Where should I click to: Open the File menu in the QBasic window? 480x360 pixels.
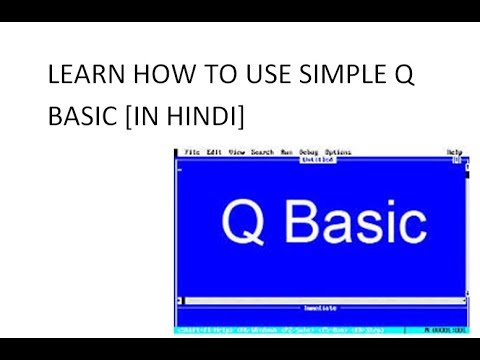191,152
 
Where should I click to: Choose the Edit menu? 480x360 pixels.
214,152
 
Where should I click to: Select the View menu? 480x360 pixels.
237,152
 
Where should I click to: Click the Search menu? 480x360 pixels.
262,152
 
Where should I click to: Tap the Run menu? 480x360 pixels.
287,152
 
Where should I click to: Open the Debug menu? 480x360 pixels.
309,152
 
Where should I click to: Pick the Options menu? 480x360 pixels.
338,152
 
